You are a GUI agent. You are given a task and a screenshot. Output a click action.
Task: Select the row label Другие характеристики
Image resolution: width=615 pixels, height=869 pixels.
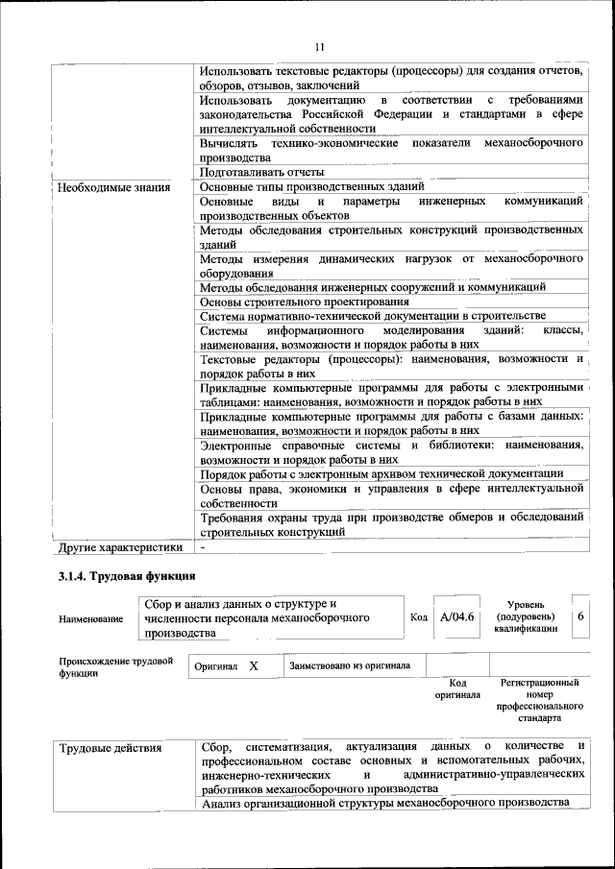point(119,547)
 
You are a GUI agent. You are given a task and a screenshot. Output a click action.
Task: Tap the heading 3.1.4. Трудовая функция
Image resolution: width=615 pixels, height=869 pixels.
point(127,577)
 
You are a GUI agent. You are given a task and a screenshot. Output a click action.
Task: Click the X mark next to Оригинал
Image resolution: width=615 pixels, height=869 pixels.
point(254,664)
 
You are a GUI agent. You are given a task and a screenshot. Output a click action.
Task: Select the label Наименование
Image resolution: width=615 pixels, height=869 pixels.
point(91,620)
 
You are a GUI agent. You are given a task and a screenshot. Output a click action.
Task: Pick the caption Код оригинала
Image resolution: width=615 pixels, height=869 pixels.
point(457,688)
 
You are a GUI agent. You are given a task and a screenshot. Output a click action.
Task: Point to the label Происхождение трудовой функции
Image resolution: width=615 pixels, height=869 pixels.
point(115,667)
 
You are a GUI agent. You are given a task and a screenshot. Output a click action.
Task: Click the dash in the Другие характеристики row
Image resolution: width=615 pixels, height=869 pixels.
point(203,547)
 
